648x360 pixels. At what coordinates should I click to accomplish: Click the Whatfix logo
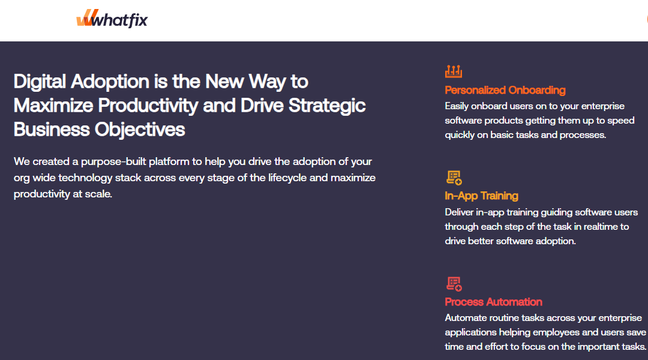click(x=112, y=19)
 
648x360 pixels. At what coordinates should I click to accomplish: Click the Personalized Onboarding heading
click(x=505, y=90)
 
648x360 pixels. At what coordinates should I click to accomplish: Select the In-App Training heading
click(x=481, y=196)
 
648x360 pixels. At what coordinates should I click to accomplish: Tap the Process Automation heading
click(x=493, y=302)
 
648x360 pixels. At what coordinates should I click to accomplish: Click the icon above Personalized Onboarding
click(x=454, y=71)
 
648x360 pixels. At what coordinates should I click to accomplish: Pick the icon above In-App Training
click(x=454, y=178)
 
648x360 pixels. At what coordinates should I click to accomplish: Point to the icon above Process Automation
click(x=454, y=284)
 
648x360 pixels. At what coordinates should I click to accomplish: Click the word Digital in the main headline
click(x=40, y=82)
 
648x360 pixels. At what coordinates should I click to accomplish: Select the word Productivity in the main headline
click(x=148, y=106)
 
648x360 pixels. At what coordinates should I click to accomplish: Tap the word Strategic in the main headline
click(x=327, y=106)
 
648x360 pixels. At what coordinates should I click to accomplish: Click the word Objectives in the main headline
click(x=140, y=130)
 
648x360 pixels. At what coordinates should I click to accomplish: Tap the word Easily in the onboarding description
click(x=457, y=106)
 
